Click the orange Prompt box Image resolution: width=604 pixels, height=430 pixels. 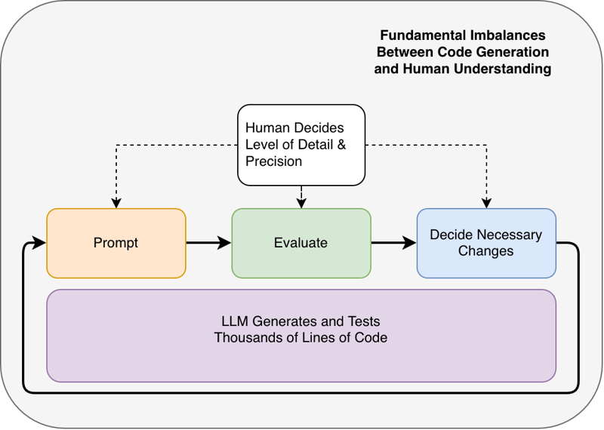pos(116,244)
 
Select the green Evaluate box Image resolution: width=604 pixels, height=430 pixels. pos(301,244)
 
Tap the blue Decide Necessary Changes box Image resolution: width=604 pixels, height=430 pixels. pos(486,244)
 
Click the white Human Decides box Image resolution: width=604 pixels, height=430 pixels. pos(301,145)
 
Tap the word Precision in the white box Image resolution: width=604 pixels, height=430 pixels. pos(273,161)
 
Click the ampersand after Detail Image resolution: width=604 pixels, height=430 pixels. pos(342,145)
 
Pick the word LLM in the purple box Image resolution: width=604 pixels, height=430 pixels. pos(235,321)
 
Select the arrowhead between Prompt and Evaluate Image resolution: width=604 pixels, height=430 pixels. pos(223,243)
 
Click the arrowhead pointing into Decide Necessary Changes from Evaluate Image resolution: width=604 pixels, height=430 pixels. pos(409,243)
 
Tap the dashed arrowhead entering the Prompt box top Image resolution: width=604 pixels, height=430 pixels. pos(116,203)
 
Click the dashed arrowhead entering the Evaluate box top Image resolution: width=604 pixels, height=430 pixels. pos(301,203)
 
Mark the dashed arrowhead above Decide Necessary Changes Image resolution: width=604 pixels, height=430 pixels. pos(486,203)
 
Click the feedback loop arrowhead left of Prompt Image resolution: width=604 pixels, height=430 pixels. pos(39,243)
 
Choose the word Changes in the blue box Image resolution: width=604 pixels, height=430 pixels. pos(485,251)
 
